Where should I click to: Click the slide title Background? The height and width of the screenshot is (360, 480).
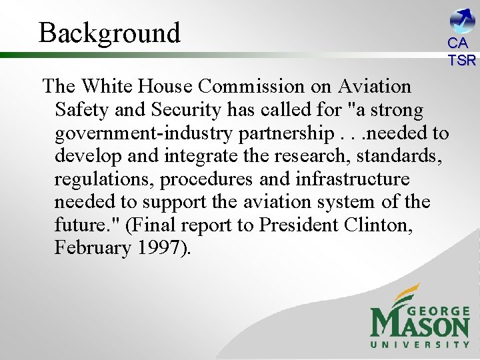109,33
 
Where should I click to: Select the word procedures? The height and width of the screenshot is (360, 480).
205,179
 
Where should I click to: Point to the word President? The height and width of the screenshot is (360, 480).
299,225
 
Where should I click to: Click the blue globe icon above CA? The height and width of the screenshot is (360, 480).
461,19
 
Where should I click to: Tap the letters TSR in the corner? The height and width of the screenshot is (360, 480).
461,60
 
